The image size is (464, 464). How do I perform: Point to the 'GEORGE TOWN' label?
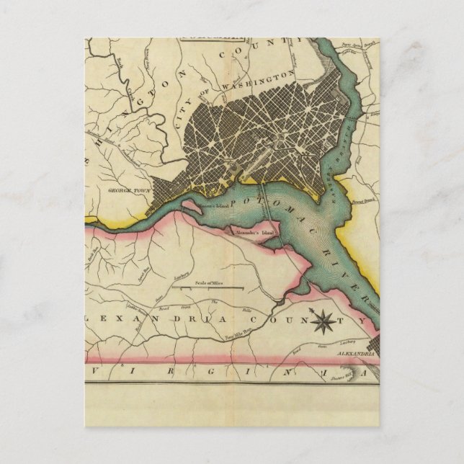pyautogui.click(x=124, y=192)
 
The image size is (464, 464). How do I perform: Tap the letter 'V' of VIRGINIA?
pyautogui.click(x=97, y=372)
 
